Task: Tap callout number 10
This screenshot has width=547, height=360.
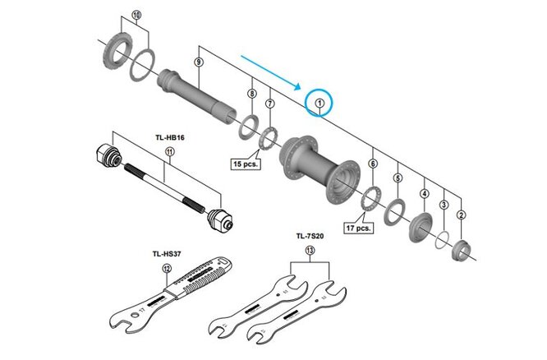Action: pyautogui.click(x=136, y=15)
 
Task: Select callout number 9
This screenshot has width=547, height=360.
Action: pyautogui.click(x=198, y=62)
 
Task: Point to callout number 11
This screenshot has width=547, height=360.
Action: pyautogui.click(x=169, y=151)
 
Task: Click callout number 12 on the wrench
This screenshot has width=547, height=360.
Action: pyautogui.click(x=167, y=268)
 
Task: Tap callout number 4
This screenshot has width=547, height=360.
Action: pyautogui.click(x=425, y=193)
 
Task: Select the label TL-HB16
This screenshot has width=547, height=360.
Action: pyautogui.click(x=169, y=136)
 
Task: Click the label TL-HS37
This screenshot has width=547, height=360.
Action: pyautogui.click(x=167, y=252)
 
